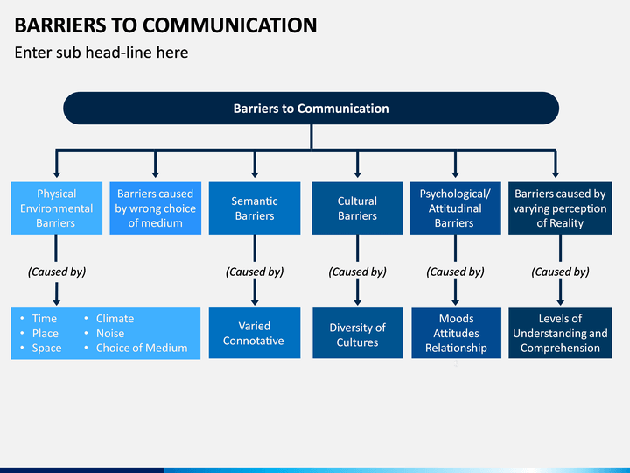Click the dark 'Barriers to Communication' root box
pos(311,109)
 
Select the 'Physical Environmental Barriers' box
pos(56,208)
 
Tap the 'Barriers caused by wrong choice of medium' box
pos(156,208)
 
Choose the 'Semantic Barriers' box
pos(255,208)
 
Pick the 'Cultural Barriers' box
pos(357,208)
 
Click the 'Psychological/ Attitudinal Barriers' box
pos(455,208)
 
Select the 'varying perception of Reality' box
pos(560,208)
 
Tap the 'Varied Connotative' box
pos(255,333)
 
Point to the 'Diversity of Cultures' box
pos(358,333)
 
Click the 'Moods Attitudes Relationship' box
pos(456,333)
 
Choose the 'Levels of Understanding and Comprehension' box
pos(561,333)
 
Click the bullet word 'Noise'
pos(110,334)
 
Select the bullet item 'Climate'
pos(115,319)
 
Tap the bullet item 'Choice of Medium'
pos(142,348)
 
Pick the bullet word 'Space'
pos(46,349)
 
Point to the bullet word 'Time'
pos(45,319)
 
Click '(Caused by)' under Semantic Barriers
pos(255,272)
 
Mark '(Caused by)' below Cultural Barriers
pos(358,272)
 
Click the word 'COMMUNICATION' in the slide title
pos(229,25)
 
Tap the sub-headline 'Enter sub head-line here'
pos(101,53)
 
